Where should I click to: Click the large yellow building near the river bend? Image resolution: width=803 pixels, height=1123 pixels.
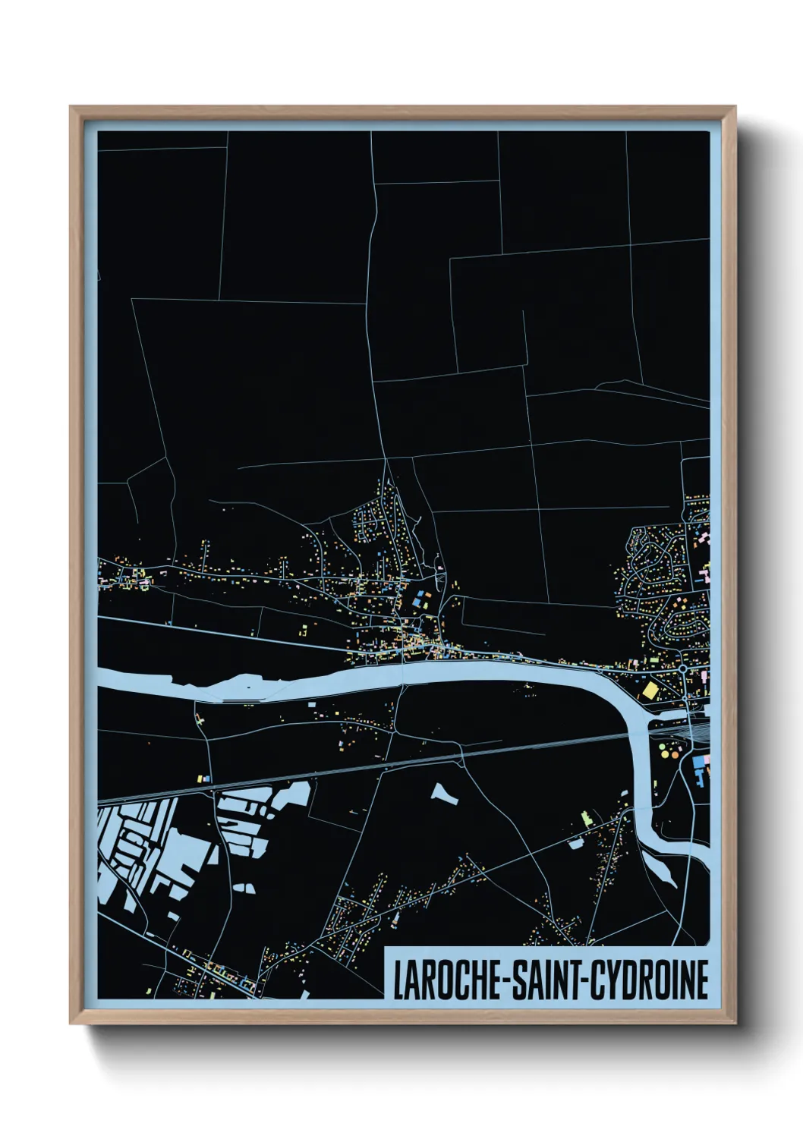tap(650, 690)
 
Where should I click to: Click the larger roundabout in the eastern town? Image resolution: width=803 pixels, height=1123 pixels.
tap(682, 669)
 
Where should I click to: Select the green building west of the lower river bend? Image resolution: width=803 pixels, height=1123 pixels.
tap(585, 819)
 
